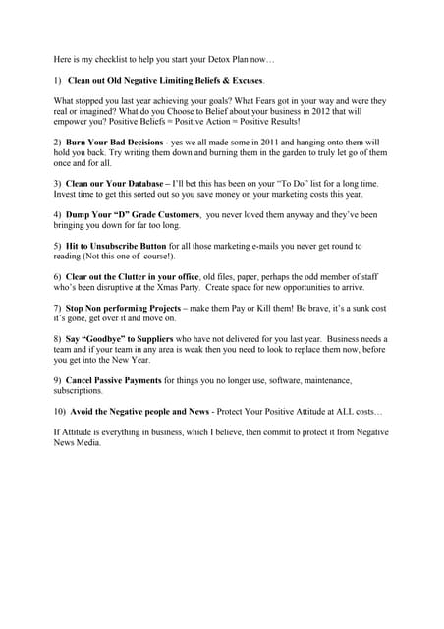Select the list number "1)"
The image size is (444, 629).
coord(59,78)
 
